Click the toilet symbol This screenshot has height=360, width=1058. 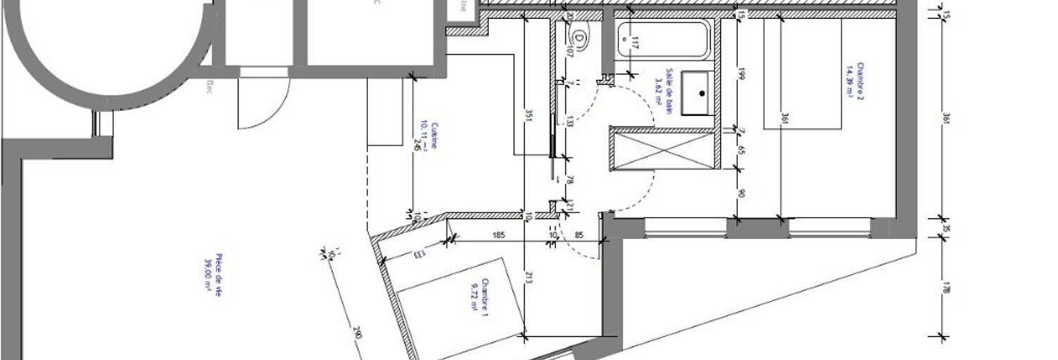pos(579,37)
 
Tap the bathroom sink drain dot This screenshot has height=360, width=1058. pos(701,93)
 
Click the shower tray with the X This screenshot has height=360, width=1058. pos(663,150)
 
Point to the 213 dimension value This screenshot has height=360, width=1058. pos(528,279)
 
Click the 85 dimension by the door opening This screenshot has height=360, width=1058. pos(579,234)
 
